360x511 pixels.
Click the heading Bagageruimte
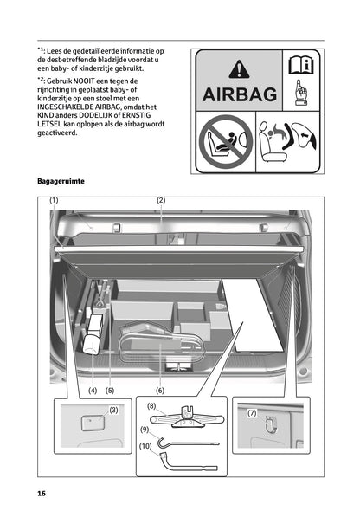coord(61,182)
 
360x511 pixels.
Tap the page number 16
coord(41,493)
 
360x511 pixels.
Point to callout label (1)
coord(54,201)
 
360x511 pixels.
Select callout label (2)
coord(161,201)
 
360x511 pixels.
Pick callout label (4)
coord(92,391)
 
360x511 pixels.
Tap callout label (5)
coord(110,391)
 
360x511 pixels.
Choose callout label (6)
coord(160,391)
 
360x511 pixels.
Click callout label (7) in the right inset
coord(253,413)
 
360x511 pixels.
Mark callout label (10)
coord(145,447)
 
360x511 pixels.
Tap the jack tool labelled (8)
coord(185,416)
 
